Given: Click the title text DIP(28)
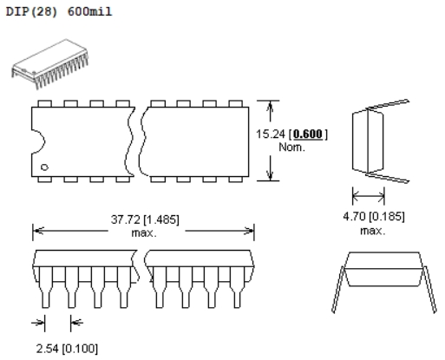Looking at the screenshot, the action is pyautogui.click(x=31, y=11).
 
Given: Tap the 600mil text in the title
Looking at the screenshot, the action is pyautogui.click(x=89, y=11).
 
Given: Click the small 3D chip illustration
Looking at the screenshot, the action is pyautogui.click(x=50, y=64).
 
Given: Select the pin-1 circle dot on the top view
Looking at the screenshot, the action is pyautogui.click(x=44, y=167).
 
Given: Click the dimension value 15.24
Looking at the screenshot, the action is pyautogui.click(x=271, y=134).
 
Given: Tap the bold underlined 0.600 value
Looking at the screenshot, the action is pyautogui.click(x=308, y=134).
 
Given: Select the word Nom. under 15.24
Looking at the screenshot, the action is pyautogui.click(x=291, y=147).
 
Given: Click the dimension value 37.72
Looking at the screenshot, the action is pyautogui.click(x=126, y=219).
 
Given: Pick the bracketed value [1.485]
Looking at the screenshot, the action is pyautogui.click(x=161, y=219).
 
